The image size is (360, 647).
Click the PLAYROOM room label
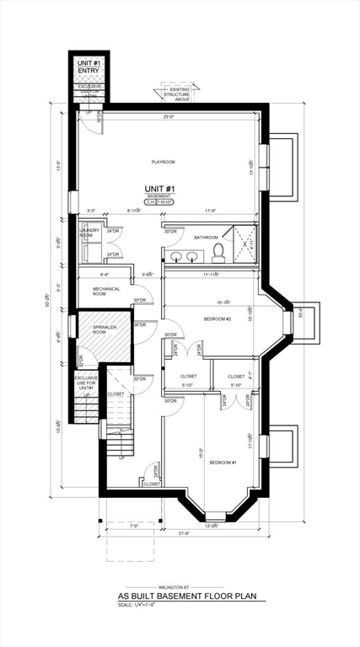(x=163, y=161)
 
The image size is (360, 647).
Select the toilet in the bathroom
(x=218, y=252)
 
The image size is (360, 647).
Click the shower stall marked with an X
(x=244, y=243)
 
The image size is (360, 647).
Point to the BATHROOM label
(x=206, y=238)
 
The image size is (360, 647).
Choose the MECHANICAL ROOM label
(x=106, y=291)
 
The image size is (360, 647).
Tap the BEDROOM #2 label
(x=218, y=319)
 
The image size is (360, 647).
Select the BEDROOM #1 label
(x=223, y=462)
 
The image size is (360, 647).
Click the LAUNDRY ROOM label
(x=89, y=233)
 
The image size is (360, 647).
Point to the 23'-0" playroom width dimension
(x=169, y=117)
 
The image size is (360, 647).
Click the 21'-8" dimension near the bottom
(x=184, y=532)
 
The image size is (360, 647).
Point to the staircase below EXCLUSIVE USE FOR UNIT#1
(x=87, y=410)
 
